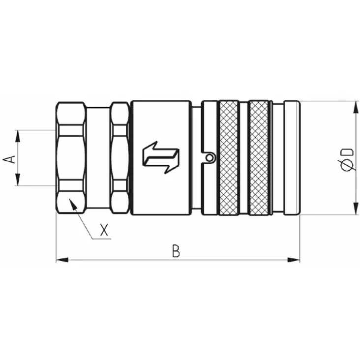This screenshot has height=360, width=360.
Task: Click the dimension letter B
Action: pyautogui.click(x=176, y=251)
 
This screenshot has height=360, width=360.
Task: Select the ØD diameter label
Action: pyautogui.click(x=347, y=160)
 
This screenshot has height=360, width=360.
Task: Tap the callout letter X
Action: pyautogui.click(x=104, y=230)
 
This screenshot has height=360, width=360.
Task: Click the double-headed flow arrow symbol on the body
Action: pyautogui.click(x=161, y=157)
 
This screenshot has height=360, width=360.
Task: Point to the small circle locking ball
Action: pyautogui.click(x=209, y=158)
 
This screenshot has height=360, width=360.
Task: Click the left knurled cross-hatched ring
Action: pyautogui.click(x=229, y=158)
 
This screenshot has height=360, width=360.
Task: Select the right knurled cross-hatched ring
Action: pyautogui.click(x=259, y=158)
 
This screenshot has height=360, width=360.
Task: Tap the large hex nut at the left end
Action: pyautogui.click(x=71, y=158)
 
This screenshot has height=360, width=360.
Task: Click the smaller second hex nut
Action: pyautogui.click(x=120, y=158)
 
